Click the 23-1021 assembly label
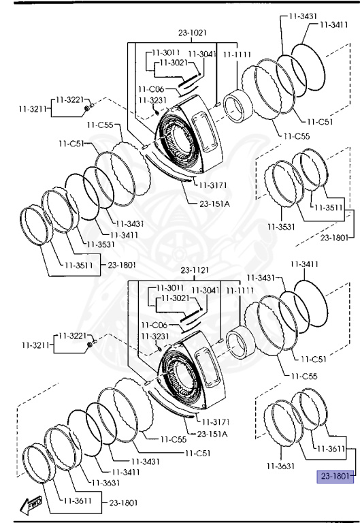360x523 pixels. coord(193,33)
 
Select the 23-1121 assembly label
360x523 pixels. coord(195,270)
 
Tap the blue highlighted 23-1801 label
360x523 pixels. coord(335,476)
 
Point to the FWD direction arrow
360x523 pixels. coord(31,505)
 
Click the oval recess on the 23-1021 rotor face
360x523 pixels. coord(204,131)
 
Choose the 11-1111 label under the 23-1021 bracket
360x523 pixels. coord(237,54)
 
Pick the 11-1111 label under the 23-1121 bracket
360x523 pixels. coord(240,291)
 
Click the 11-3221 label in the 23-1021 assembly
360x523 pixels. coord(69,99)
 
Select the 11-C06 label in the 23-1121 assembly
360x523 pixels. coord(154,325)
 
